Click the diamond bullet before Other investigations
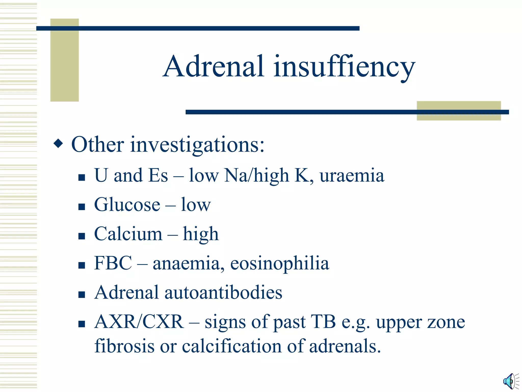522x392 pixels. coord(58,143)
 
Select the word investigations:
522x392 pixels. coord(197,145)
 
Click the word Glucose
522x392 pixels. coord(127,205)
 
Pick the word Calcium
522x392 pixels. coord(128,234)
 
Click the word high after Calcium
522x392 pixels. coord(201,234)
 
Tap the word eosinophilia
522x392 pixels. coord(280,263)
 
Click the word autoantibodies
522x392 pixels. coord(223,292)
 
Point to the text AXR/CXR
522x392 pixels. coord(139,322)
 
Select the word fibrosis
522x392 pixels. coord(124,346)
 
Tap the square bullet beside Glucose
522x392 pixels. coord(82,206)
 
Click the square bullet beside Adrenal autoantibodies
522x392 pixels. coord(82,295)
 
